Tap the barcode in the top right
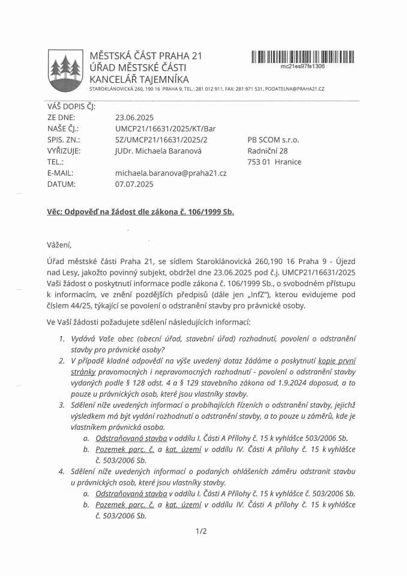click(x=303, y=57)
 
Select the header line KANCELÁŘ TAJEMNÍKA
click(x=139, y=79)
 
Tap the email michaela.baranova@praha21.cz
click(x=170, y=173)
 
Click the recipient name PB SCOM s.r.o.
click(x=273, y=140)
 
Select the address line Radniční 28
click(x=268, y=151)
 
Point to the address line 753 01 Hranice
click(x=274, y=162)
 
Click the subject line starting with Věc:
click(x=140, y=212)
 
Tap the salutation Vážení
click(x=59, y=244)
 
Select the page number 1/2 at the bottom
click(x=201, y=531)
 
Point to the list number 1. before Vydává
click(x=62, y=338)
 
